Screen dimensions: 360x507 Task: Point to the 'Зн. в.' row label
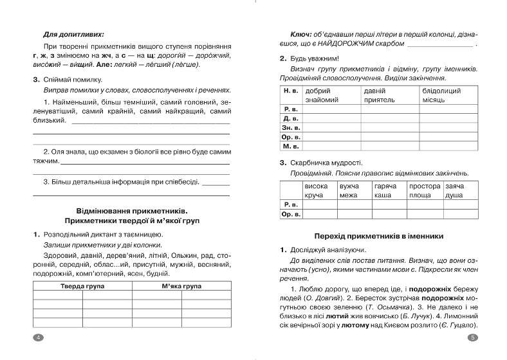click(291, 127)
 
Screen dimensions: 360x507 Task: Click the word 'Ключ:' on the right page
click(302, 34)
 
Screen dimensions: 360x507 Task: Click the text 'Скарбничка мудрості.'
click(326, 162)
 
